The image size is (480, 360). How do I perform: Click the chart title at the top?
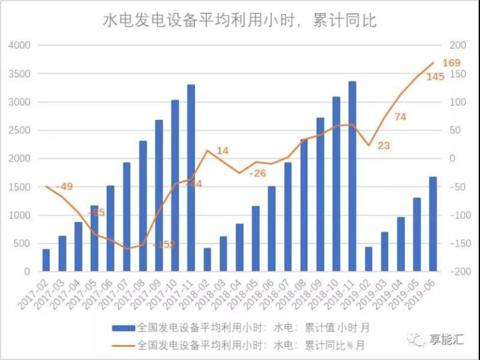pyautogui.click(x=240, y=21)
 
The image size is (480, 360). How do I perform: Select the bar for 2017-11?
pyautogui.click(x=191, y=178)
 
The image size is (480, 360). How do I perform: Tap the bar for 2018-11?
pyautogui.click(x=352, y=176)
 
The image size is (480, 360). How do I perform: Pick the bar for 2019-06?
pyautogui.click(x=433, y=224)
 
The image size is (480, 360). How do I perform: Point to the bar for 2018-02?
pyautogui.click(x=208, y=260)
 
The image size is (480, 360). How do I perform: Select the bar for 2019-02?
pyautogui.click(x=368, y=259)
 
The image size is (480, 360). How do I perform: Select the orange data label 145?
pyautogui.click(x=435, y=77)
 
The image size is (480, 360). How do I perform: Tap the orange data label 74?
pyautogui.click(x=400, y=117)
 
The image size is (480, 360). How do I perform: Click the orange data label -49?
pyautogui.click(x=64, y=187)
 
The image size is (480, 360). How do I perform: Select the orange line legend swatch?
pyautogui.click(x=123, y=345)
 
